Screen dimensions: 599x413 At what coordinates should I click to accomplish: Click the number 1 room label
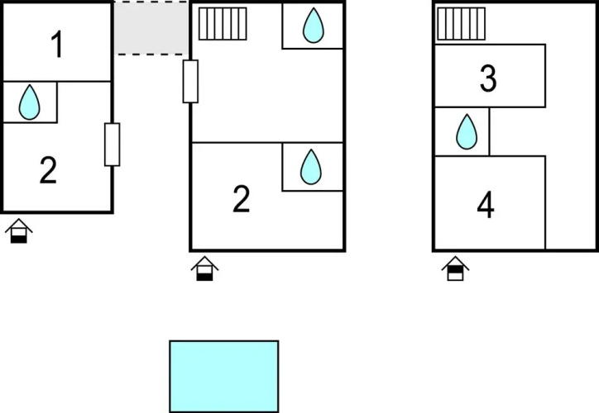coord(57,45)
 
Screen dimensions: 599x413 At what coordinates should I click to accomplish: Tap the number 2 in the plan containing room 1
coord(49,170)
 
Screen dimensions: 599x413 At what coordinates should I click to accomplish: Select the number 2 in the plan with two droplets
coord(242,199)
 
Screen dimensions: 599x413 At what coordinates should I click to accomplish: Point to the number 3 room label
coord(488,78)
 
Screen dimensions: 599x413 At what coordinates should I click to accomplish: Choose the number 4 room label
coord(486,205)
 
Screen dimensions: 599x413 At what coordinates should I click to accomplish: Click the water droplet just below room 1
coord(30,102)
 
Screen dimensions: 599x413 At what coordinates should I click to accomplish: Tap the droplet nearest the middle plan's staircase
coord(314,25)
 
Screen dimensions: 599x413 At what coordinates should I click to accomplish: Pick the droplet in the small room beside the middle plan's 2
coord(311,167)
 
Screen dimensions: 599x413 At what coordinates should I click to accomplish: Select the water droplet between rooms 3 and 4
coord(467,131)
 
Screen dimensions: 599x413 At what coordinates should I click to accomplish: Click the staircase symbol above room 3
coord(461,24)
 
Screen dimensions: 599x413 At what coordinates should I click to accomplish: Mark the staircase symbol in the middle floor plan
coord(223,24)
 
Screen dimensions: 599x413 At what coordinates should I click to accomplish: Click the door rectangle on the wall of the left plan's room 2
coord(113,145)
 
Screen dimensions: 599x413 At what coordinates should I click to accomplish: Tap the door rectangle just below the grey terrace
coord(190,81)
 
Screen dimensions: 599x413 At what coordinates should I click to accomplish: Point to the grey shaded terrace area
coord(151,28)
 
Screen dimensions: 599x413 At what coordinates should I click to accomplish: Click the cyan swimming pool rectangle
coord(224,377)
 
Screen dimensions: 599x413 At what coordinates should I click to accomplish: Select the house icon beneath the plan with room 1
coord(19,230)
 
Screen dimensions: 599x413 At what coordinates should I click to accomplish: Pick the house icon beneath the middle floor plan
coord(204,268)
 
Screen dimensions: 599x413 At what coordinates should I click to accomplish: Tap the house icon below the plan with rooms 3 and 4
coord(455,268)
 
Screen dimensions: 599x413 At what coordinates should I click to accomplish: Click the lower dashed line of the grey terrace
coord(151,55)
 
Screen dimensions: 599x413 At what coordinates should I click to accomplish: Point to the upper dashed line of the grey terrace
coord(151,2)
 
